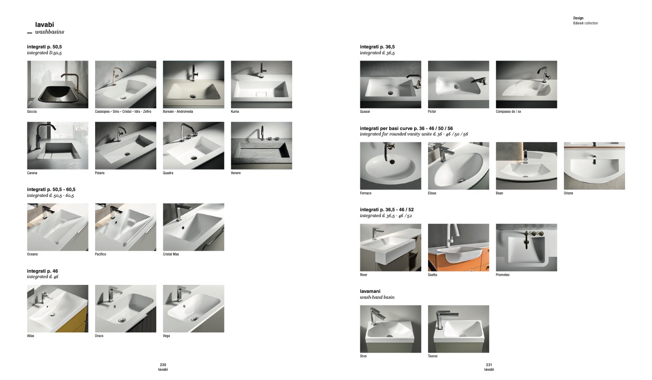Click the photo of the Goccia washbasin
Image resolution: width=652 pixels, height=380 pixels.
[58, 85]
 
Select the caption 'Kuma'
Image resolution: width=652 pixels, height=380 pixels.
[235, 112]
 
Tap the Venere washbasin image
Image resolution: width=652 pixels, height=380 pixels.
[261, 146]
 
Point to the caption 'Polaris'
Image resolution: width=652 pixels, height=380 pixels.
[99, 173]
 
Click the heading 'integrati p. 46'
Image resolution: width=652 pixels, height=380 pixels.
[43, 271]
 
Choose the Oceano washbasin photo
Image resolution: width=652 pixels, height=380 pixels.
[58, 227]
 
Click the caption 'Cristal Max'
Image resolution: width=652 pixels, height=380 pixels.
[171, 254]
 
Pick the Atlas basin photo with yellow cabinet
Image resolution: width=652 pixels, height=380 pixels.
[58, 308]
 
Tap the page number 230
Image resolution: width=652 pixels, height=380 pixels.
[163, 364]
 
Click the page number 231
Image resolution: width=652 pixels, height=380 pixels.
[489, 364]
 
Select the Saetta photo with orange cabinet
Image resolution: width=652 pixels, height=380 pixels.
[458, 247]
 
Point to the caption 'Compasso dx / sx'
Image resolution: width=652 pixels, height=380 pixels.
[508, 112]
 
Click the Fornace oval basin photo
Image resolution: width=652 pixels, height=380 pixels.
[391, 166]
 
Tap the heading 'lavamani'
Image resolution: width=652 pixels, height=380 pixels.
[370, 291]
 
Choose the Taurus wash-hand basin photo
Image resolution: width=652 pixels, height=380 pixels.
[458, 329]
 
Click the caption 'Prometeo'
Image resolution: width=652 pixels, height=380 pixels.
[503, 275]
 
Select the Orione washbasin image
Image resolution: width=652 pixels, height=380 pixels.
[594, 166]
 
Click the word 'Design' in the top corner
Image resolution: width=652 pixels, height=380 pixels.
[578, 18]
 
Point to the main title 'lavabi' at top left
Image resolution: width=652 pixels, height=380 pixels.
[45, 24]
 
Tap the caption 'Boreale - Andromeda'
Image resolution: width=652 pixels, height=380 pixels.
[178, 112]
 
